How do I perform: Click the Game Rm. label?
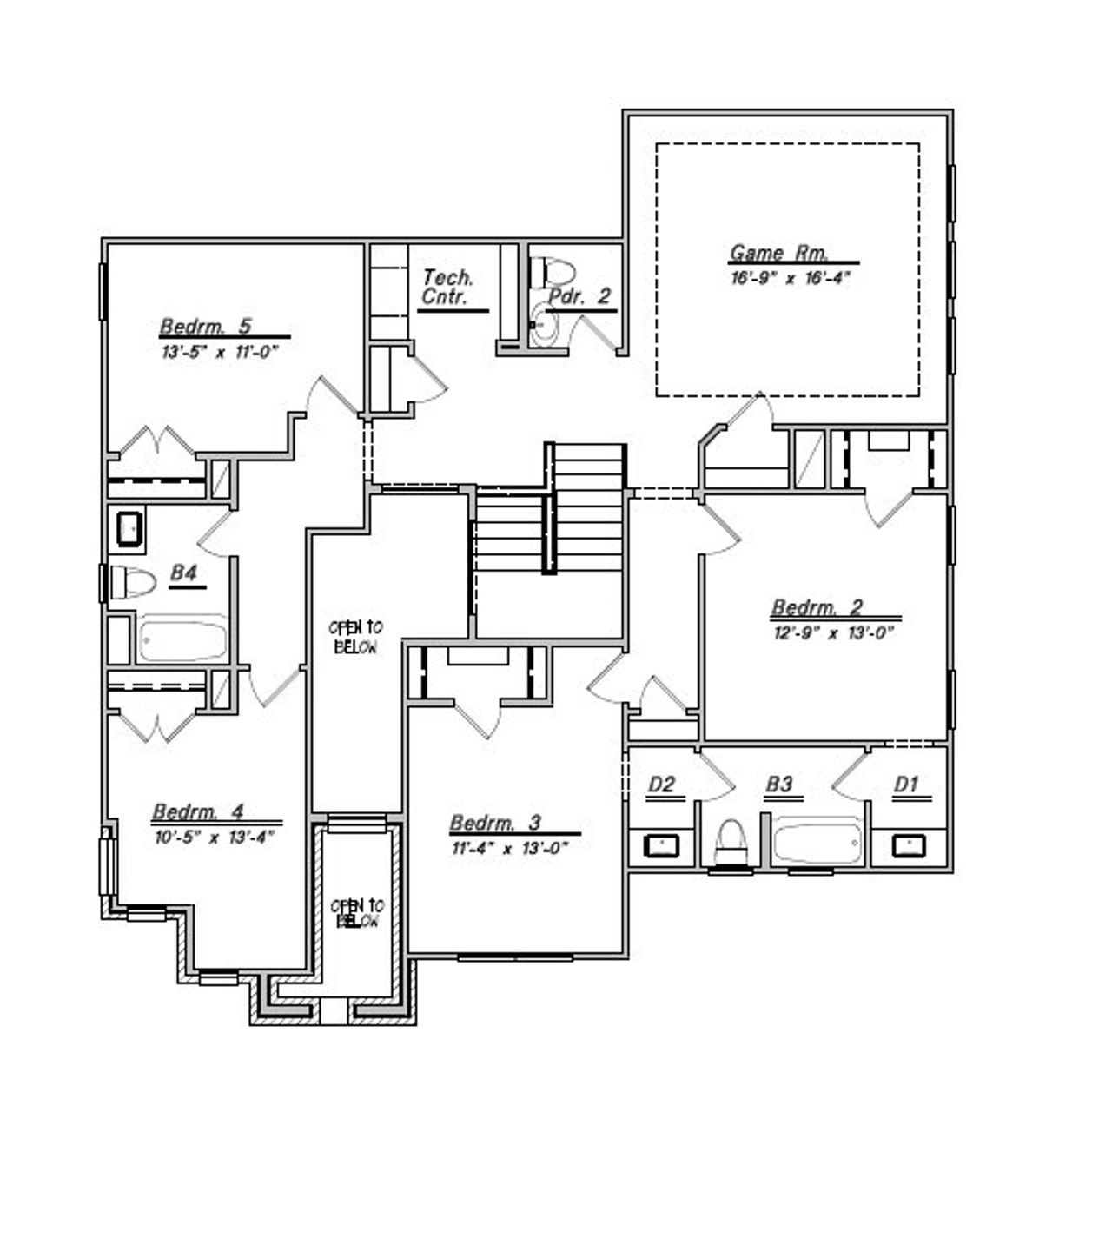(778, 253)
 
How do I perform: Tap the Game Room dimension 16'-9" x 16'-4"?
(789, 278)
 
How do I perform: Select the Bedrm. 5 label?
(206, 327)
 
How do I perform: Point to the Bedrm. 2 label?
(817, 607)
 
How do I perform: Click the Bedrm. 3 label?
(495, 823)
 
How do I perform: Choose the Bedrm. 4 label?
(198, 812)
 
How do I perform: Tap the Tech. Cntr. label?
(447, 288)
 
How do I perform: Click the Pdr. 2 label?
(579, 296)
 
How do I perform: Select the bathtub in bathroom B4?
(183, 639)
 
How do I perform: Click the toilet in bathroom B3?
(731, 842)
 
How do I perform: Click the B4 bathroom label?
(184, 573)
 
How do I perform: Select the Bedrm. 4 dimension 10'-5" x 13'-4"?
(215, 838)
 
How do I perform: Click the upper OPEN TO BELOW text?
(356, 637)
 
